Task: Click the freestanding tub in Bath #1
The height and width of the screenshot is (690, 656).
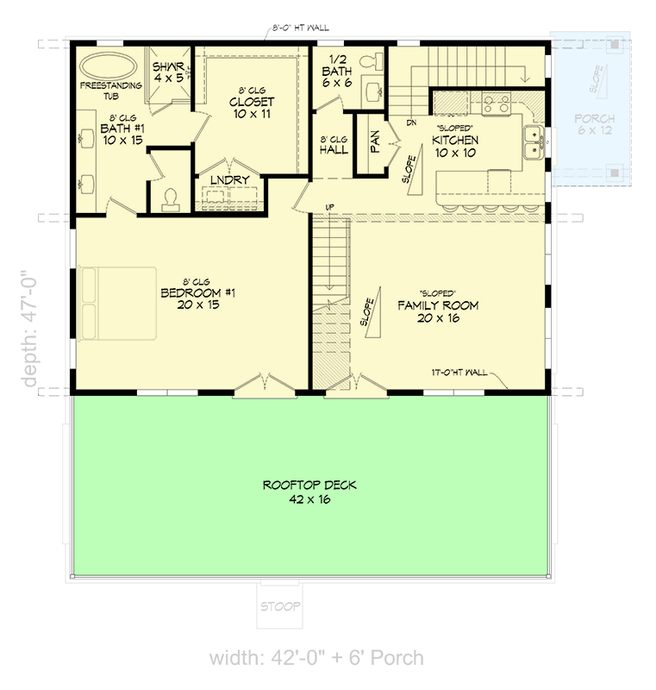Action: click(107, 66)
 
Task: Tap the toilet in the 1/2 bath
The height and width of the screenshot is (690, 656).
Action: click(373, 62)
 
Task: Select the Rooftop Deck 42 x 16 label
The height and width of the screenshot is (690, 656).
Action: click(309, 492)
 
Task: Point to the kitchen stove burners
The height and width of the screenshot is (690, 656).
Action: click(496, 105)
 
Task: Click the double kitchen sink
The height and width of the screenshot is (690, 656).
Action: click(534, 142)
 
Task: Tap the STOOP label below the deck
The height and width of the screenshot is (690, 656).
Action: click(281, 607)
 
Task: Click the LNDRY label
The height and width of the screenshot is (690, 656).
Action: click(229, 179)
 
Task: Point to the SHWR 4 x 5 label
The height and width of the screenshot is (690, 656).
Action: click(168, 72)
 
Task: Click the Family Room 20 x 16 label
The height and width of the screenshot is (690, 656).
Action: click(437, 311)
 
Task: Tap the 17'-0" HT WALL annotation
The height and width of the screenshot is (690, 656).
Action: click(461, 373)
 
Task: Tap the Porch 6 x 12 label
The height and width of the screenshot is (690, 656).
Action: click(595, 125)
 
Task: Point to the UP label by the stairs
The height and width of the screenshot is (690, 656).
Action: click(329, 206)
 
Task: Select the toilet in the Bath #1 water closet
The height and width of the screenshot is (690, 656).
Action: click(170, 198)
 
